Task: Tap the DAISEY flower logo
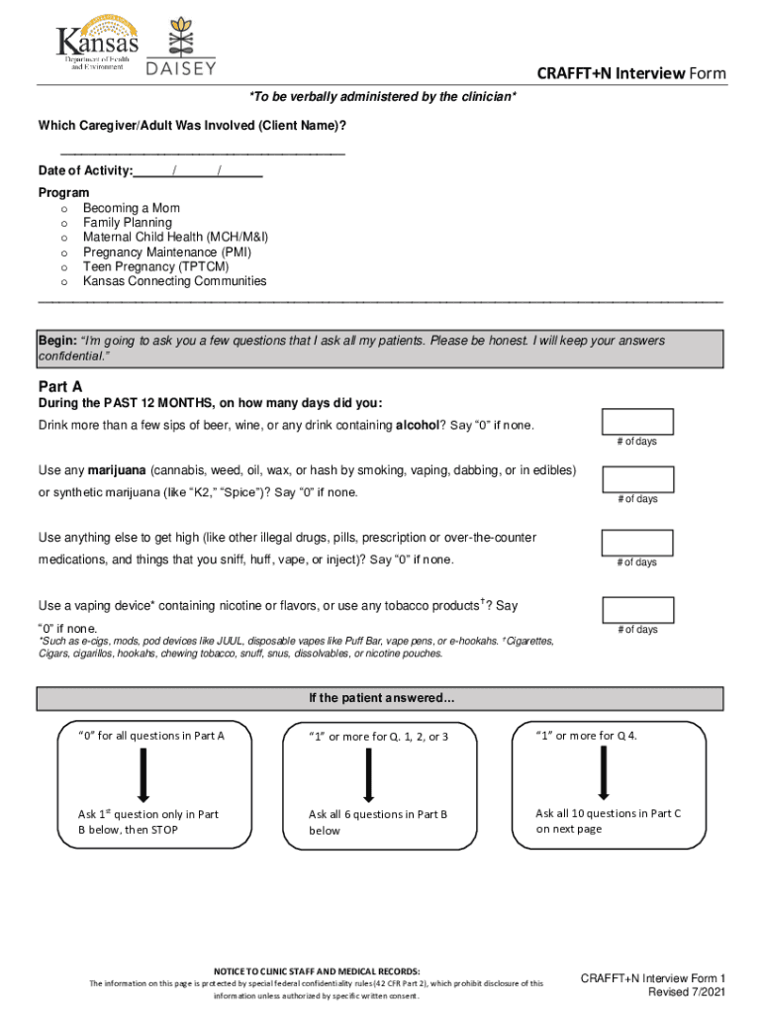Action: coord(180,45)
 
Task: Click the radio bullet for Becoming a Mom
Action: coord(64,209)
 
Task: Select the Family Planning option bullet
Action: coord(64,224)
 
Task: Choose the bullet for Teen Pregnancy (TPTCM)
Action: coord(64,267)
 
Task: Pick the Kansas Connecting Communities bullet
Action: coord(64,282)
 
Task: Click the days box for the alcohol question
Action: coord(637,422)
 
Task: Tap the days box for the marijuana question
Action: coord(637,480)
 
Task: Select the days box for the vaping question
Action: coord(637,610)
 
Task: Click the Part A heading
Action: coord(59,386)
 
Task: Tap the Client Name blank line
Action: coord(203,152)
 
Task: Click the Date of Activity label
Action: coord(85,171)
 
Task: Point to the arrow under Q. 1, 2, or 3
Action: coord(368,775)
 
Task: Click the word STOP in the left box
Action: coord(164,830)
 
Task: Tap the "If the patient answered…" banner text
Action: coord(381,699)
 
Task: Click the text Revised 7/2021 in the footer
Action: coord(687,992)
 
